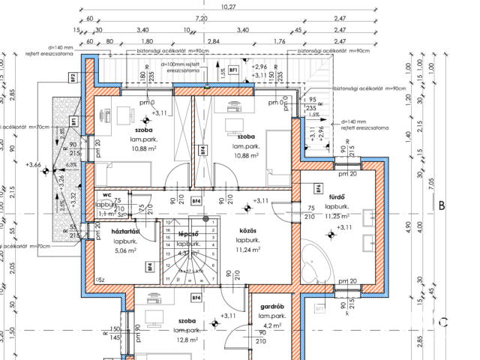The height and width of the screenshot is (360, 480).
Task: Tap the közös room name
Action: pyautogui.click(x=248, y=231)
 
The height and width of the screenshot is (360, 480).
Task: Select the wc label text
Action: pyautogui.click(x=106, y=195)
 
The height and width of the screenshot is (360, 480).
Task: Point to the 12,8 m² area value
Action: pyautogui.click(x=187, y=339)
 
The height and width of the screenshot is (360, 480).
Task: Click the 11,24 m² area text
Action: pyautogui.click(x=248, y=250)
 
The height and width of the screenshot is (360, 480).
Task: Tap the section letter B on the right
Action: pyautogui.click(x=442, y=205)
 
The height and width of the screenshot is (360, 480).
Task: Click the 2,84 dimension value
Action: pyautogui.click(x=213, y=42)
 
